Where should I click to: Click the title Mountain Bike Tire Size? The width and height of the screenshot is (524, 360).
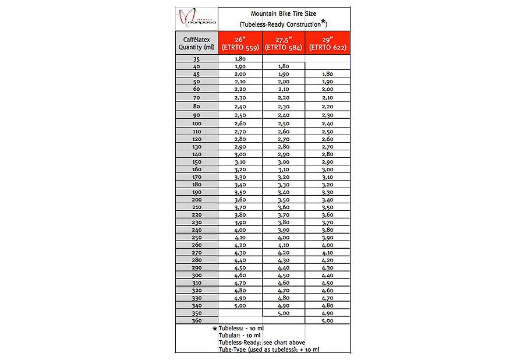[x=284, y=13]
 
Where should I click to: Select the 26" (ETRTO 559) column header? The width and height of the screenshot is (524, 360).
[x=240, y=44]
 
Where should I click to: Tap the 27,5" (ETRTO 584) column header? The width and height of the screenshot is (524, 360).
[x=284, y=44]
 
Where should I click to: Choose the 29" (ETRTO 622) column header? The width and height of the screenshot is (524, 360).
[x=328, y=44]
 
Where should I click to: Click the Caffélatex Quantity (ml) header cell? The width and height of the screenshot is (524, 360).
[x=196, y=44]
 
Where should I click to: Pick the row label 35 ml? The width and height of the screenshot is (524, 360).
[x=196, y=59]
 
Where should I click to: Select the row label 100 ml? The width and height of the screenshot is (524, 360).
[x=196, y=123]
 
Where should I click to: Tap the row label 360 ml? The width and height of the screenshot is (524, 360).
[x=196, y=320]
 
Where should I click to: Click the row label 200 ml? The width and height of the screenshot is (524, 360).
[x=196, y=199]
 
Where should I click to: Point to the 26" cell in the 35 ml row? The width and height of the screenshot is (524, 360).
[x=240, y=59]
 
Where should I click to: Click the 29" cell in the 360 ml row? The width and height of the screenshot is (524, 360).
[x=328, y=320]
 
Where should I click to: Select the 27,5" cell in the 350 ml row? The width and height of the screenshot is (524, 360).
[x=284, y=313]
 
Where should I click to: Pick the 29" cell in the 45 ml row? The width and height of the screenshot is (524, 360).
[x=328, y=74]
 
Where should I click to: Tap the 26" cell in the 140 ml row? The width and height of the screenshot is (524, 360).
[x=240, y=154]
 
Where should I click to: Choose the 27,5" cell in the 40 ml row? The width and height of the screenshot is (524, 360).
[x=284, y=66]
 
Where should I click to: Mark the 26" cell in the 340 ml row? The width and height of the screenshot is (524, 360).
[x=240, y=305]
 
